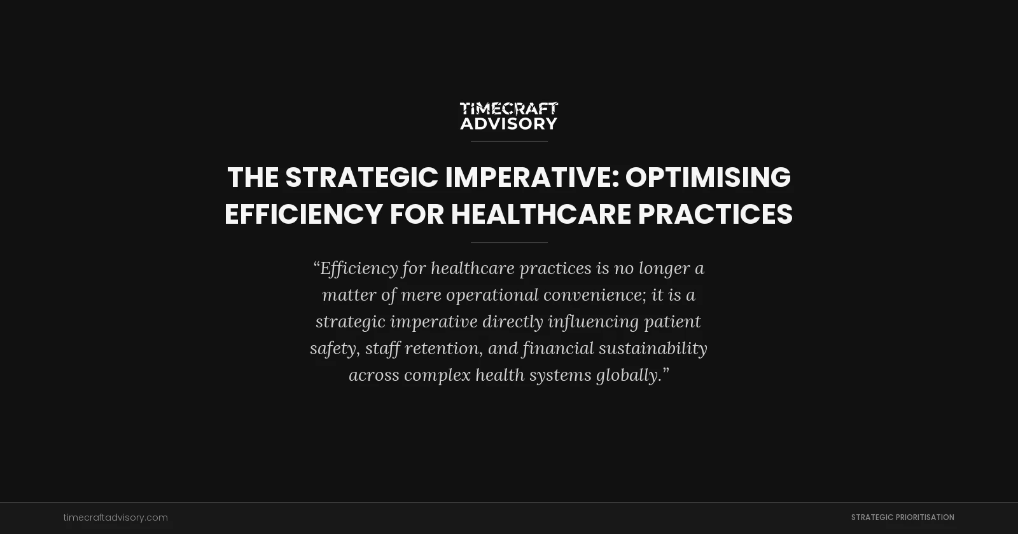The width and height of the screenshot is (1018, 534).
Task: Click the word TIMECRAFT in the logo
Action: point(508,109)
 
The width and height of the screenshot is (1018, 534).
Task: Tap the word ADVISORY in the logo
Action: point(508,123)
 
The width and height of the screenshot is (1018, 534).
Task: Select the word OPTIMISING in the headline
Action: point(708,177)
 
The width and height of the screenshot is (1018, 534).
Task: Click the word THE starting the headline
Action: point(253,177)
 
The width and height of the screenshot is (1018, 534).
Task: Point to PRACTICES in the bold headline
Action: point(715,214)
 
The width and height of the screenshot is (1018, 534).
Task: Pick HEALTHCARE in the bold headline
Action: point(541,214)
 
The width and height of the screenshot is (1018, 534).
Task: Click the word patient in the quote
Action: point(673,322)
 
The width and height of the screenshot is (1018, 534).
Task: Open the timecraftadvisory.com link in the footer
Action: point(116,517)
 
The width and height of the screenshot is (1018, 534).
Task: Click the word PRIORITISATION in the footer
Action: point(923,517)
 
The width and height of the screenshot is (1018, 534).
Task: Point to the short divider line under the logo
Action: point(509,141)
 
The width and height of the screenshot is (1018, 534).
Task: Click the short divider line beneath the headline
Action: point(509,242)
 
